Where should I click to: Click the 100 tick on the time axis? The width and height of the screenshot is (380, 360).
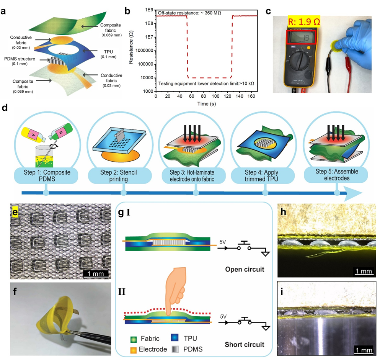[217, 97]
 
